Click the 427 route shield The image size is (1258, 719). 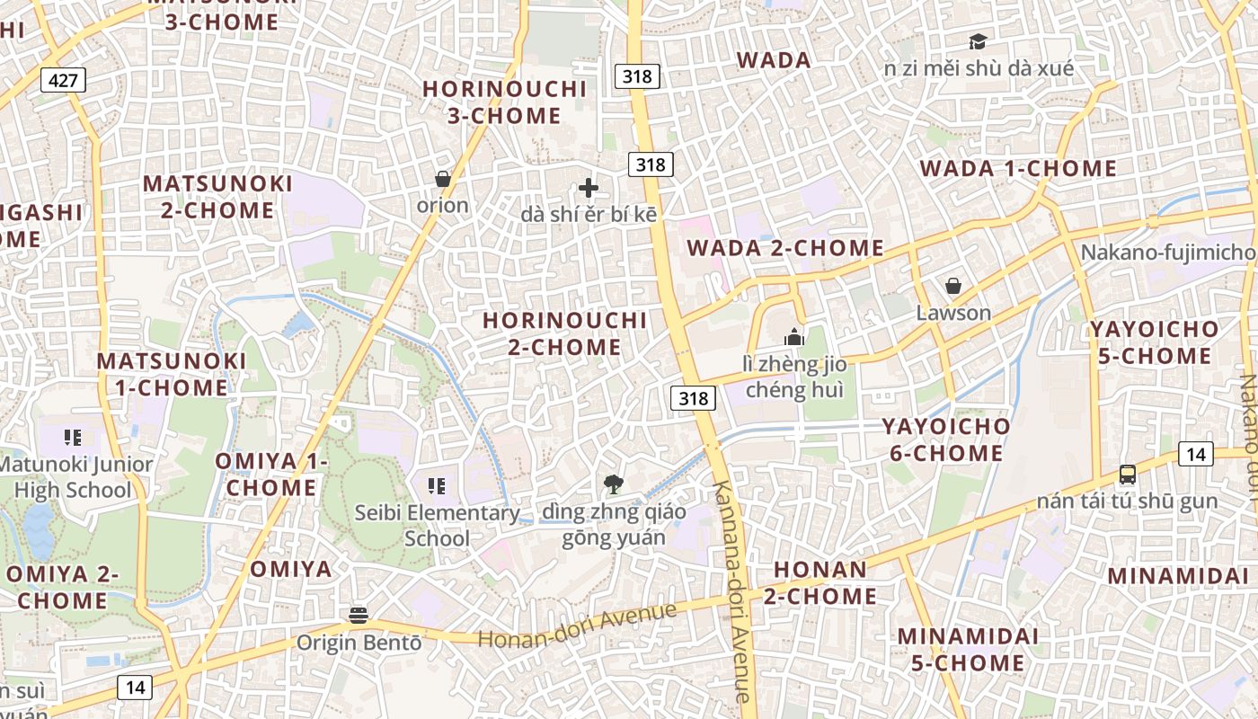pyautogui.click(x=63, y=80)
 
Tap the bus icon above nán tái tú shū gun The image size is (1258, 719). pyautogui.click(x=1127, y=474)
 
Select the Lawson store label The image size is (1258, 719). pyautogui.click(x=953, y=314)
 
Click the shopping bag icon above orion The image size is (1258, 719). pyautogui.click(x=442, y=179)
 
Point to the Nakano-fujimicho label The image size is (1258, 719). pyautogui.click(x=1167, y=253)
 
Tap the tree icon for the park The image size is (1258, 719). pyautogui.click(x=614, y=485)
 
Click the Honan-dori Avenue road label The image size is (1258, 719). pyautogui.click(x=577, y=626)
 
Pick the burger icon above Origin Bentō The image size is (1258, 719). pyautogui.click(x=359, y=616)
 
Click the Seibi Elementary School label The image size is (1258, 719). pyautogui.click(x=438, y=526)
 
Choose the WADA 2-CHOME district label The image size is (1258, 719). pyautogui.click(x=785, y=248)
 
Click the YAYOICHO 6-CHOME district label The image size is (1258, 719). pyautogui.click(x=945, y=439)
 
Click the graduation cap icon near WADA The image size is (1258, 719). pyautogui.click(x=977, y=41)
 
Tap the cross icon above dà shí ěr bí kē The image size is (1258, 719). pyautogui.click(x=589, y=188)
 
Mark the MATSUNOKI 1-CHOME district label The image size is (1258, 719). pyautogui.click(x=172, y=374)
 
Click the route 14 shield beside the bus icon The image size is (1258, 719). pyautogui.click(x=1195, y=454)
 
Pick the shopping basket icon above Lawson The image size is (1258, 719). pyautogui.click(x=952, y=287)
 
